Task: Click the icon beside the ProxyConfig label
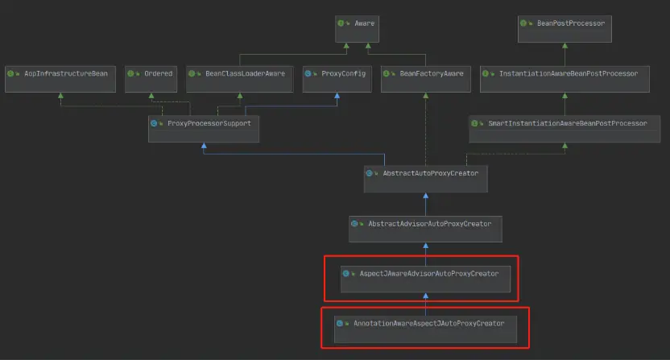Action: [x=310, y=73]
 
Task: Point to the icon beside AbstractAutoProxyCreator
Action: [x=370, y=173]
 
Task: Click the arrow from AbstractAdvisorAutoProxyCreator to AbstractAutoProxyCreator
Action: [x=425, y=205]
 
